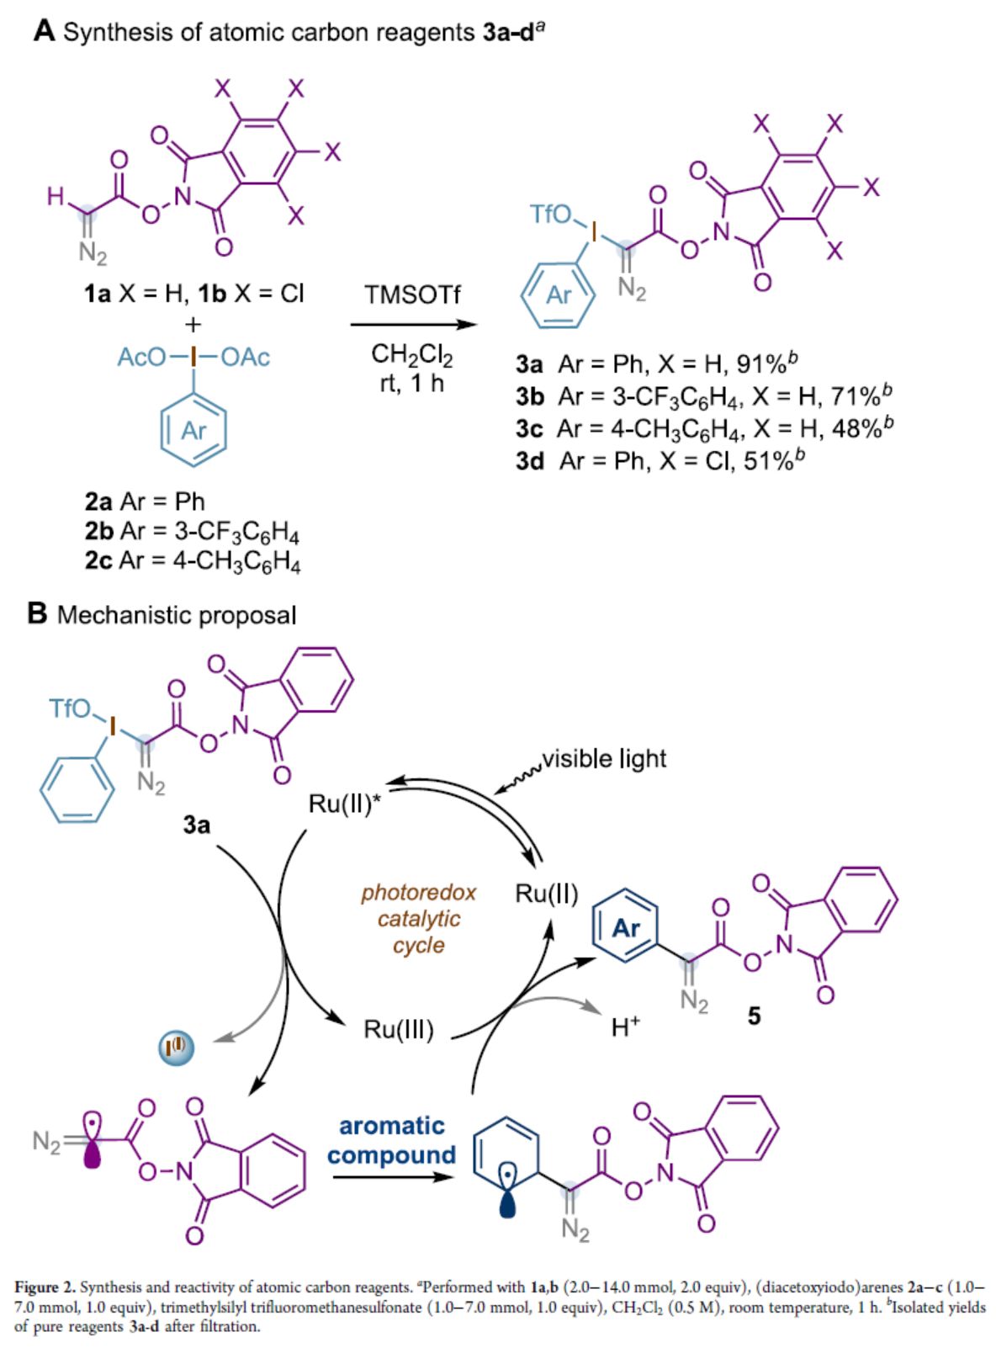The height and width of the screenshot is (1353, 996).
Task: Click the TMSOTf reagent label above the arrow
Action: click(x=412, y=294)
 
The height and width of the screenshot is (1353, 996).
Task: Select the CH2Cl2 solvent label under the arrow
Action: click(x=411, y=355)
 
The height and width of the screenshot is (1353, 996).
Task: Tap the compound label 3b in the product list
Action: click(x=530, y=396)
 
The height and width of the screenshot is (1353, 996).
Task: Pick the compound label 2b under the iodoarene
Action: click(x=98, y=531)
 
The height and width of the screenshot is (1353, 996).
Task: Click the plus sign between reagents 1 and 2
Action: click(x=193, y=324)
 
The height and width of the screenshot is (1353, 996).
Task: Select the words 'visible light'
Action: click(x=604, y=759)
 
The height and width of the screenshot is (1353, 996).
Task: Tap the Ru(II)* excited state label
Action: click(x=344, y=804)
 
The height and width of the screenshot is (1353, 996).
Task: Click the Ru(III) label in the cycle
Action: click(x=398, y=1029)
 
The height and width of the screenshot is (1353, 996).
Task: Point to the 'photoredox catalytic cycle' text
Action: click(x=418, y=918)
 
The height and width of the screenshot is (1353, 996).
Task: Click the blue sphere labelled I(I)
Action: click(x=177, y=1048)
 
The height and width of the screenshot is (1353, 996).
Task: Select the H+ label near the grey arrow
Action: click(x=625, y=1027)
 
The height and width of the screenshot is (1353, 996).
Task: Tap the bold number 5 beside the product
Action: click(x=754, y=1016)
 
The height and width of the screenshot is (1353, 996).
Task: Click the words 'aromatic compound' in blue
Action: click(x=391, y=1140)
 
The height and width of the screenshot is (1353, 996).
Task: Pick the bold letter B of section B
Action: click(x=37, y=613)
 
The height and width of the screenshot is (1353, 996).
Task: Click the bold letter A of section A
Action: click(x=44, y=31)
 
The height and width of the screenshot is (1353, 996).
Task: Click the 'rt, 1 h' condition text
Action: click(x=411, y=384)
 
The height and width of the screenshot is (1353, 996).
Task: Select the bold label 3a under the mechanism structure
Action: click(x=197, y=825)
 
